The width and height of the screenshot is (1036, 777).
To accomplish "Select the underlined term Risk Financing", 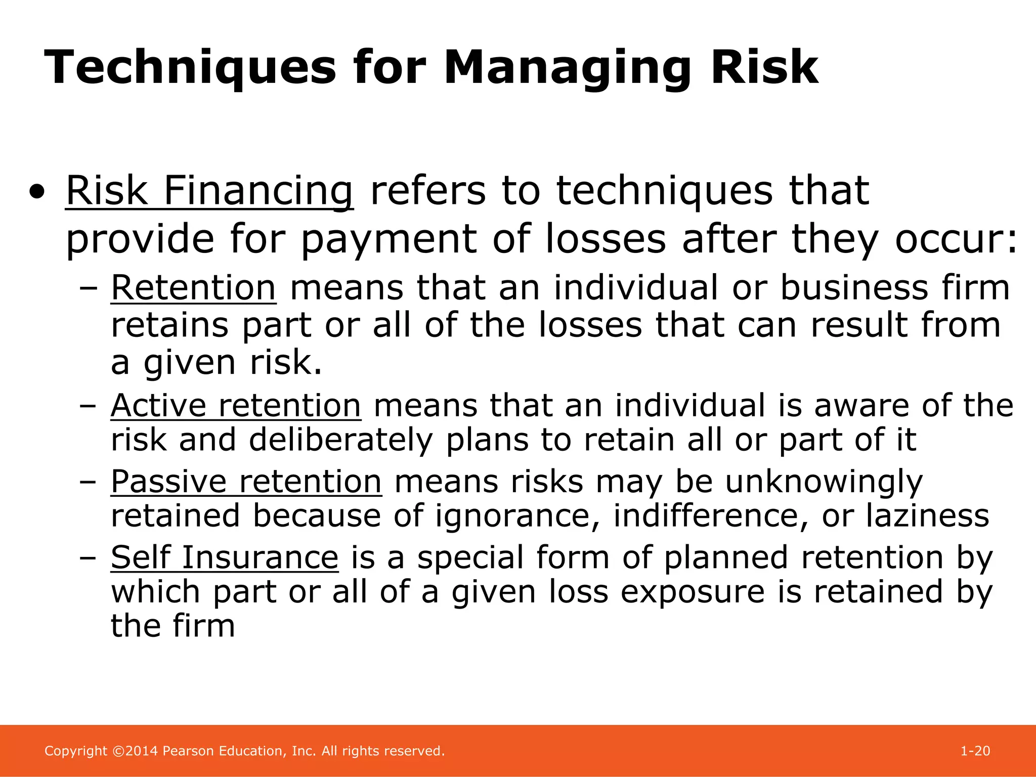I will click(x=209, y=191).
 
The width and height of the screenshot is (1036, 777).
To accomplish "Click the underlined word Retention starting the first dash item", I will click(x=193, y=288).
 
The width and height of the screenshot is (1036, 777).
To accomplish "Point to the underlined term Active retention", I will click(x=236, y=406).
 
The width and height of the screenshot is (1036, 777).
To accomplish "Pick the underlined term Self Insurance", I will click(x=225, y=557).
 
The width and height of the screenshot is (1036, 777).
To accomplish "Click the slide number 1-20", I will click(x=975, y=751).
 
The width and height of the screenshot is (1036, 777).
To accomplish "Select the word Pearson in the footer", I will click(x=188, y=751).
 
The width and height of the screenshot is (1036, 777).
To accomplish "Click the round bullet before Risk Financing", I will click(x=36, y=192).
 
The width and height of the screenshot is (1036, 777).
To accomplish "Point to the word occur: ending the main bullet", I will click(x=956, y=239).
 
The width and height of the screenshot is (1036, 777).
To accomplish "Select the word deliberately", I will click(x=340, y=440).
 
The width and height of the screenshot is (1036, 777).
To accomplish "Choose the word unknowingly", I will click(x=824, y=482).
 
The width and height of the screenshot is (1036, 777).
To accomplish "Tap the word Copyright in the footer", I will click(x=76, y=751).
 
